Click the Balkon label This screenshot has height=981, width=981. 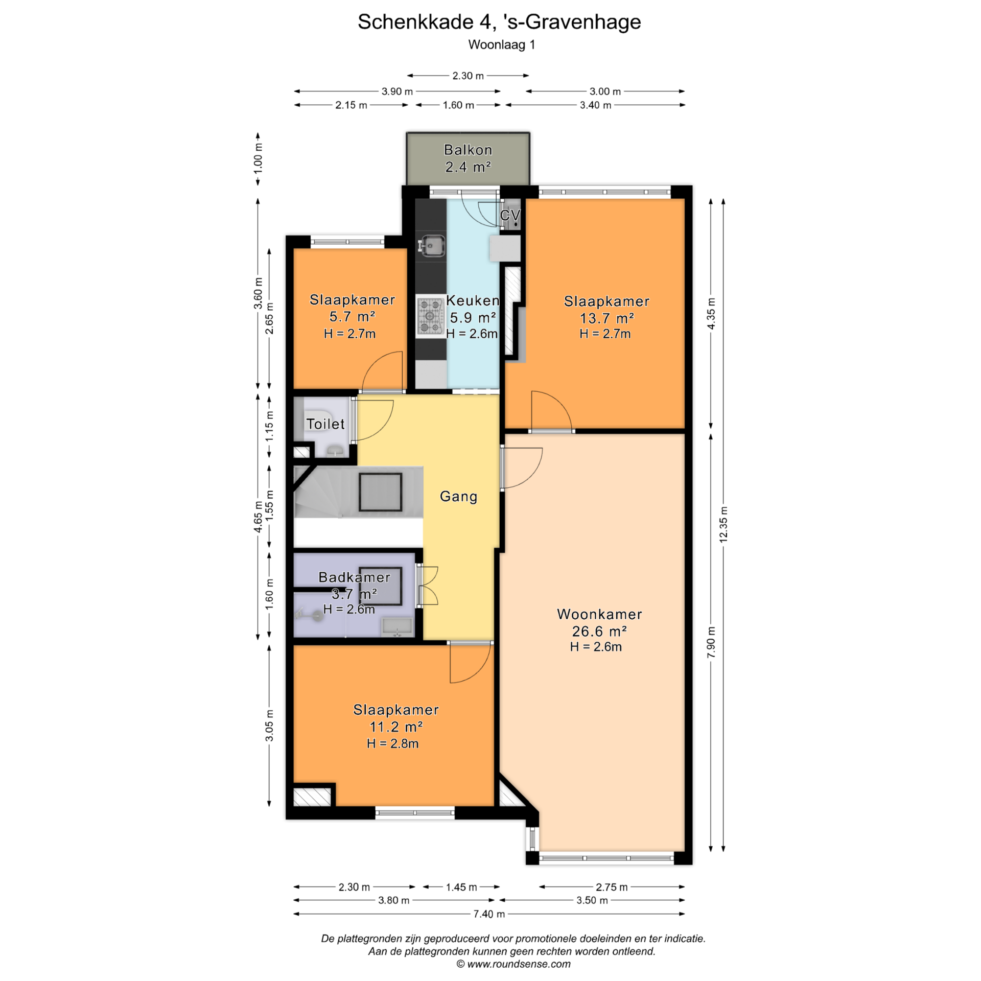(x=468, y=150)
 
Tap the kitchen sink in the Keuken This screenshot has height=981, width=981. (x=431, y=246)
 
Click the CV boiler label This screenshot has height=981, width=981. (x=510, y=215)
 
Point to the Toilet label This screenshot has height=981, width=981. (x=325, y=424)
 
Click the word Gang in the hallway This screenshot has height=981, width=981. (x=458, y=496)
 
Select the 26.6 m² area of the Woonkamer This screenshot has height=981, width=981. (x=599, y=631)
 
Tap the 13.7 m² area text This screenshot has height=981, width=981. (x=606, y=318)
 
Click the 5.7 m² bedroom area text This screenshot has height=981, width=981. (x=352, y=316)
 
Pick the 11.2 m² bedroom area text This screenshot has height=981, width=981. (x=395, y=726)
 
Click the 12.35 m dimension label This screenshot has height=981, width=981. (x=723, y=524)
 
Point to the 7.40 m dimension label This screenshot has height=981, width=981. (x=489, y=914)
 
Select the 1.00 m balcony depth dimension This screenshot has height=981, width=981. (x=258, y=157)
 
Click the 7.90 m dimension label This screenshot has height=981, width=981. (x=711, y=642)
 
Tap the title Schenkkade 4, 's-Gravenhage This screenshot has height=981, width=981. (x=499, y=21)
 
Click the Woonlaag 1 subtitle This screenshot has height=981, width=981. (x=501, y=44)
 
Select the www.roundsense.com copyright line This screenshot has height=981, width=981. (x=513, y=964)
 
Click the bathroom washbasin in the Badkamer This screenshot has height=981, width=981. (x=397, y=627)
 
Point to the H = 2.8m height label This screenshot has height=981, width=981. (x=392, y=743)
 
